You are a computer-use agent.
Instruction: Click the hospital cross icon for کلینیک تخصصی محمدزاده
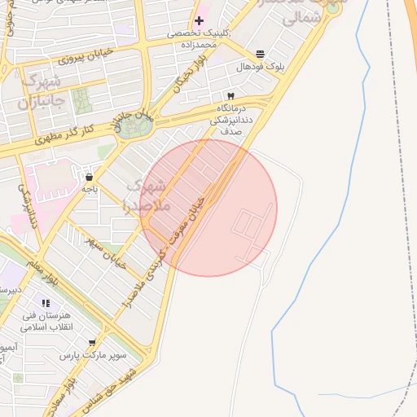tap(199, 20)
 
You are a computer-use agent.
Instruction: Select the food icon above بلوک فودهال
tap(259, 53)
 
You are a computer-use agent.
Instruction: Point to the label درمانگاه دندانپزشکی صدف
tap(233, 119)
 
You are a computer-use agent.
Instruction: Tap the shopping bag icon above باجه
tap(89, 177)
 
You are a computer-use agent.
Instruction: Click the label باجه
tap(89, 189)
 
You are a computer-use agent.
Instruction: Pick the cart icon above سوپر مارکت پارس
tap(92, 343)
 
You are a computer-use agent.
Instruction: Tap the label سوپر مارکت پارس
tap(94, 356)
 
